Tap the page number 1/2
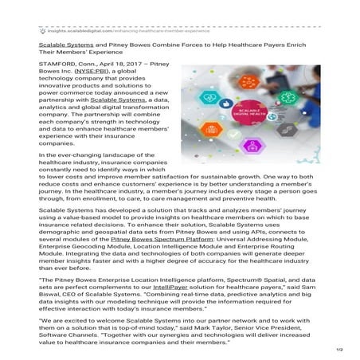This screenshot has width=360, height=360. click(x=338, y=350)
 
